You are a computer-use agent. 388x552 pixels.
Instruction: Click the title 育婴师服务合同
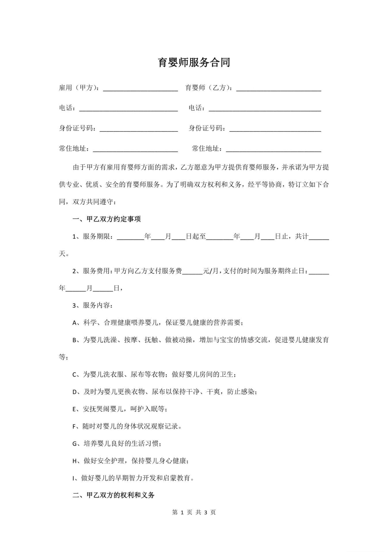click(x=194, y=62)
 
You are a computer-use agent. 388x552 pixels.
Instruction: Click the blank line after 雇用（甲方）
click(x=140, y=89)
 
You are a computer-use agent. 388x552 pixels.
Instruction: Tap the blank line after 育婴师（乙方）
click(x=278, y=89)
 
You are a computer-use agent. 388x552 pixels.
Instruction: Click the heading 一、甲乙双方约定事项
click(x=106, y=219)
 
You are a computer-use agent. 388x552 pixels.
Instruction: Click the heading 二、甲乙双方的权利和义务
click(x=113, y=495)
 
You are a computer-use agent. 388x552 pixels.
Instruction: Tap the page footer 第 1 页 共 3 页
click(x=194, y=512)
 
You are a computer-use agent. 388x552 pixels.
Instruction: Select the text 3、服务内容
click(x=92, y=305)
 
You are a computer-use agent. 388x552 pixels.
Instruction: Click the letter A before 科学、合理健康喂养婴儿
click(x=75, y=323)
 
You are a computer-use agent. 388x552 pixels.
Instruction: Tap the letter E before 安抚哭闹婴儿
click(x=74, y=409)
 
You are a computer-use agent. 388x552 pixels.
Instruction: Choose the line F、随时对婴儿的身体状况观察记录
click(x=127, y=426)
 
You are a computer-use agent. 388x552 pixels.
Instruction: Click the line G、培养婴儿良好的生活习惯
click(x=117, y=444)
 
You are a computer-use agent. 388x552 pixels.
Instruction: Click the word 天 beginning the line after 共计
click(x=62, y=254)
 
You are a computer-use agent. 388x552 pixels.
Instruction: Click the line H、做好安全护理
click(x=130, y=461)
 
